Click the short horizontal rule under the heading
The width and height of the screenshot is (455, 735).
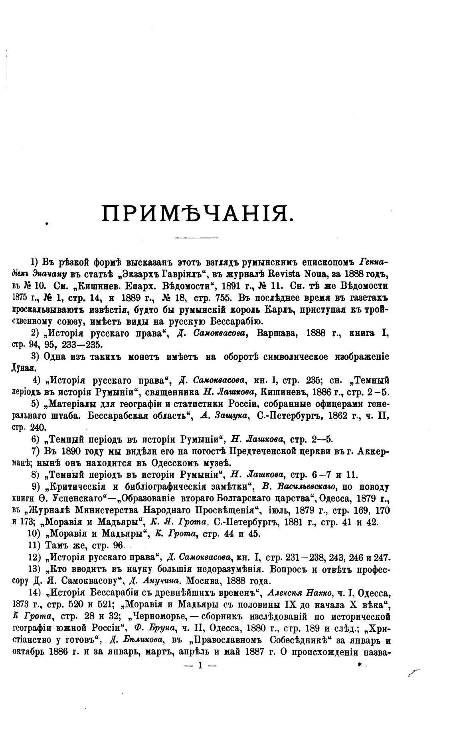(x=196, y=238)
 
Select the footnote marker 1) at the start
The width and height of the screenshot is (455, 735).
(x=35, y=262)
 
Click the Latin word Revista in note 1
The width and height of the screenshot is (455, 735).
(x=271, y=274)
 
